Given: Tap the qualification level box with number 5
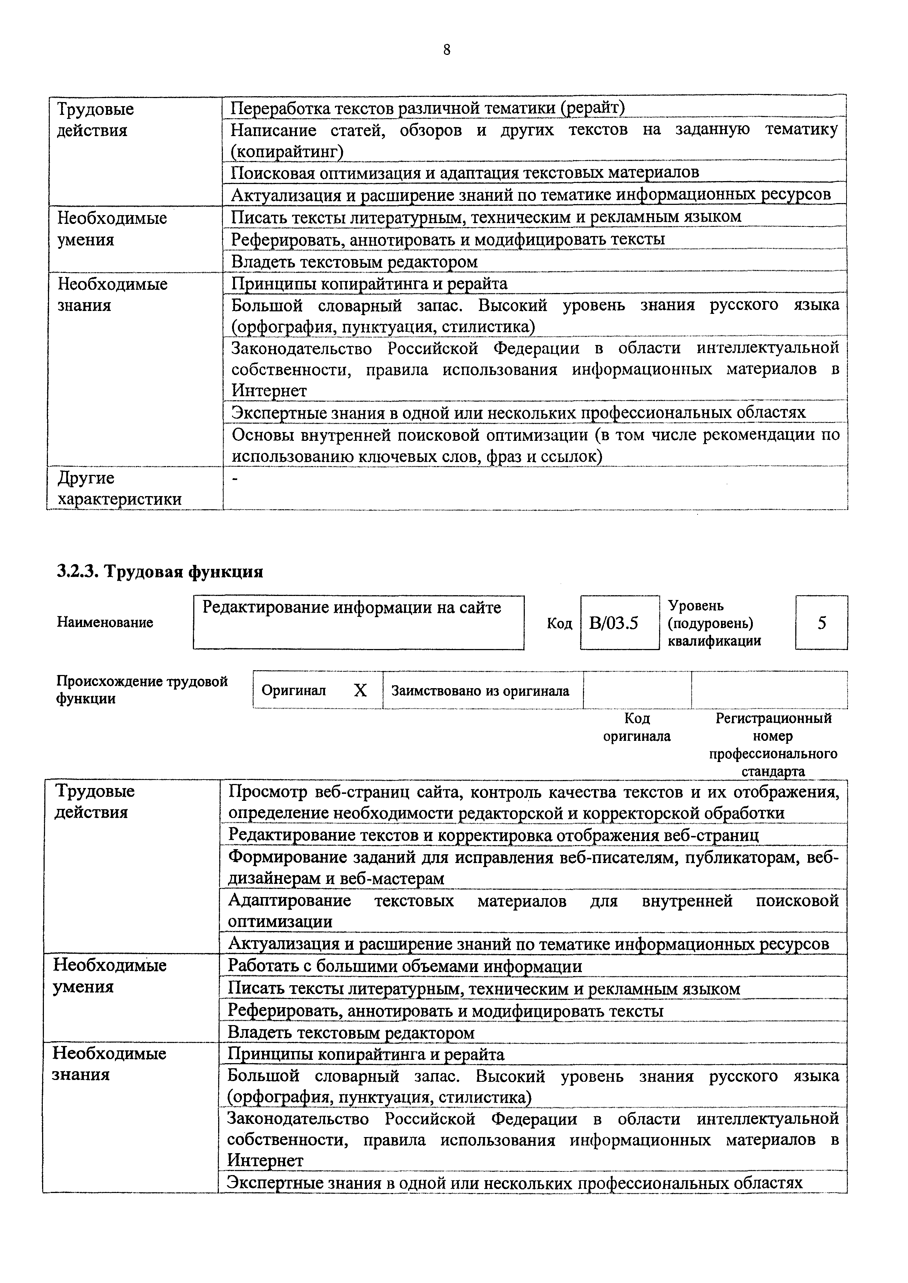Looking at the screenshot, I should point(821,623).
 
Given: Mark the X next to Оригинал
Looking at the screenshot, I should point(360,691).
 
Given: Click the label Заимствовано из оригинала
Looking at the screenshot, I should point(480,691).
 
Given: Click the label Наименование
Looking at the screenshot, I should point(105,623).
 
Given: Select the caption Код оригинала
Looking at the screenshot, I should point(636,727).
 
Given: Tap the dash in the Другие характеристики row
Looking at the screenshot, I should point(235,478).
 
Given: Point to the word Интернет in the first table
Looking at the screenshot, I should point(269,391).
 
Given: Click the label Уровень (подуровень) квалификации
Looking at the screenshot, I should point(714,623).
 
